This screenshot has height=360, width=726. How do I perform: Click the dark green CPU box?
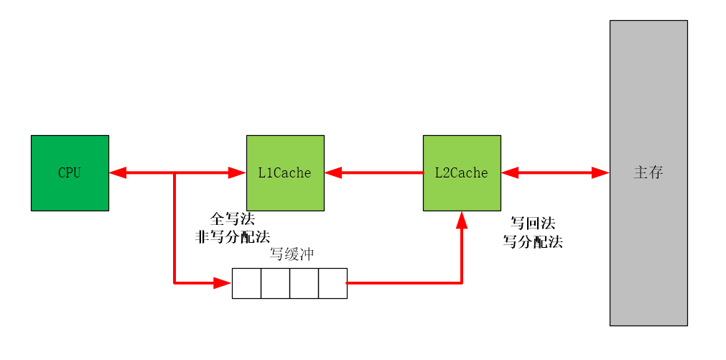[x=70, y=172]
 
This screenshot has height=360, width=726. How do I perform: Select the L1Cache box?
[x=285, y=172]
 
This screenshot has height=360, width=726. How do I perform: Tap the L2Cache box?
[x=462, y=172]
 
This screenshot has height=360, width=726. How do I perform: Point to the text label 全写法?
[x=232, y=219]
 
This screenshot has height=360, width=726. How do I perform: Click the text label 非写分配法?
[x=232, y=236]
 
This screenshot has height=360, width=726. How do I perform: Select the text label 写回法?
[x=533, y=223]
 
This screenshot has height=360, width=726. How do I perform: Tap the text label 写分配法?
[x=533, y=241]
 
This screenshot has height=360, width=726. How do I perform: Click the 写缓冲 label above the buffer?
[x=292, y=254]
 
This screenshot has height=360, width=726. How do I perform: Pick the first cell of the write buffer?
[x=246, y=283]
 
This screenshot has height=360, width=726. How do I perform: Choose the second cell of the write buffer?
[x=275, y=283]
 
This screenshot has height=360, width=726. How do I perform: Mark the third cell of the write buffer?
[x=304, y=283]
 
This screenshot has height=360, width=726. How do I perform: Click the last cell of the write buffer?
[x=332, y=283]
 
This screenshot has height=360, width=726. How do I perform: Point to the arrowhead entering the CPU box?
[x=118, y=172]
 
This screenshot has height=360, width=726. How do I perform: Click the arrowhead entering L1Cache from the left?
[x=237, y=172]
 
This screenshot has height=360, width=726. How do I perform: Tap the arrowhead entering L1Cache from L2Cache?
[x=333, y=172]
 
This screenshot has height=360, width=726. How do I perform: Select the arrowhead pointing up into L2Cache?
[x=462, y=220]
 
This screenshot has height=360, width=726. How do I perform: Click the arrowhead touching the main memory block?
[x=600, y=172]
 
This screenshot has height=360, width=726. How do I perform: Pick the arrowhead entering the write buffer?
[x=222, y=283]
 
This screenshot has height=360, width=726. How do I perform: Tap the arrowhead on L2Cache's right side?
[x=510, y=172]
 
